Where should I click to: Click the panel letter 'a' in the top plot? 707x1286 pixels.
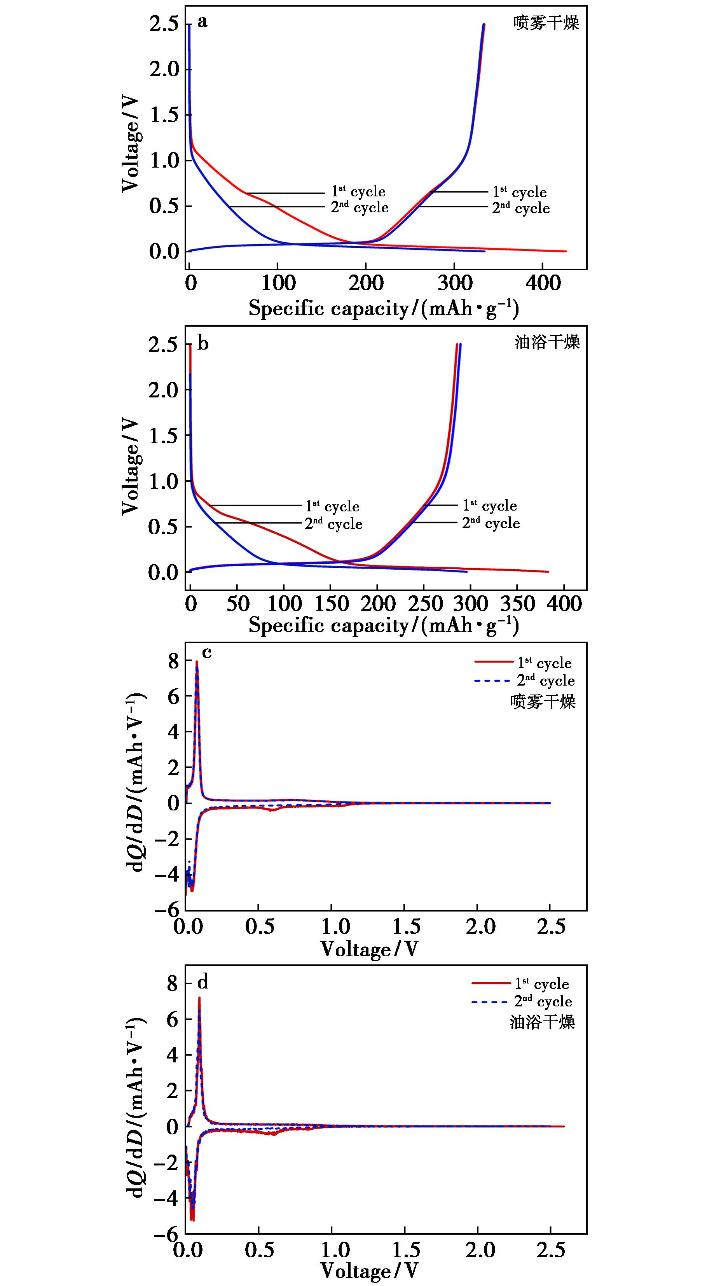pos(202,21)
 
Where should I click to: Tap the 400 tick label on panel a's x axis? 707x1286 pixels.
pos(543,283)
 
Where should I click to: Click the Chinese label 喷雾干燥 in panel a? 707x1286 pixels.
pos(546,23)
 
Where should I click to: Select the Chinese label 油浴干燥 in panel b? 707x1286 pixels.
pos(547,343)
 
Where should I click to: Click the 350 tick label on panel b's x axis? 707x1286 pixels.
pos(517,604)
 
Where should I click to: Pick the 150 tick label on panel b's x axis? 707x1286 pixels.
pos(330,604)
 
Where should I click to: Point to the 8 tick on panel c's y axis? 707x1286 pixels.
pos(173,661)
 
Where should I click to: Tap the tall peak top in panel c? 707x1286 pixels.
pos(197,662)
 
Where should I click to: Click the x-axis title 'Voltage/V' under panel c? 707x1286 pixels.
pos(369,949)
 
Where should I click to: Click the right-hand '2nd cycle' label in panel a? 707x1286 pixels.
pos(521,208)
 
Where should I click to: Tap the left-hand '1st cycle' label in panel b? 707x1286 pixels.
pos(332,506)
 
